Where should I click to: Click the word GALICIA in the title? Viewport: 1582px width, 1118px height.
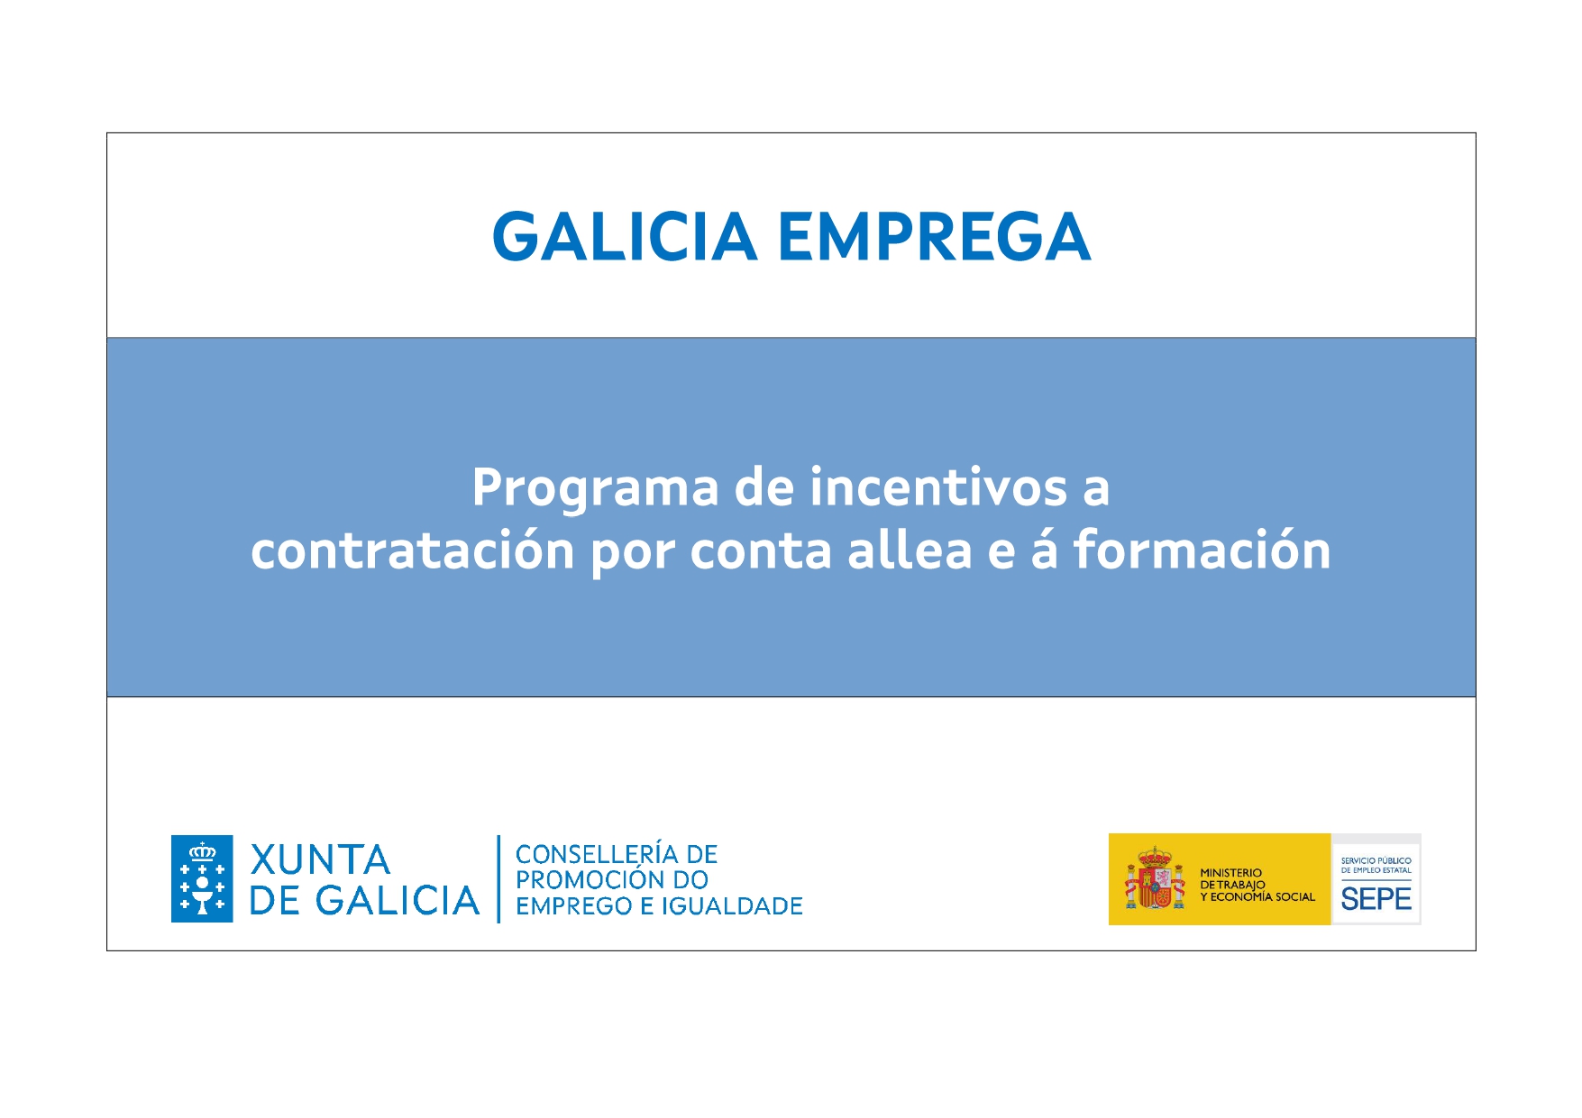coord(625,237)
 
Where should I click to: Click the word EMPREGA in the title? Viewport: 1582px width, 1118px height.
coord(934,237)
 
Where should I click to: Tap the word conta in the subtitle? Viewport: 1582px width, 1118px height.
coord(761,550)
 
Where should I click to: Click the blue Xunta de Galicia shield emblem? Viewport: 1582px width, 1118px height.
coord(202,878)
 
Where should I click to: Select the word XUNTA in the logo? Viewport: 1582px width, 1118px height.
coord(320,859)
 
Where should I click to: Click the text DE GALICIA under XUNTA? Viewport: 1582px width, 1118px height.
coord(364,900)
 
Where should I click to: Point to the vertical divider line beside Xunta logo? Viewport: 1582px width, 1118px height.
coord(498,878)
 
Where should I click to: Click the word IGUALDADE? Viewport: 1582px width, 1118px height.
coord(732,905)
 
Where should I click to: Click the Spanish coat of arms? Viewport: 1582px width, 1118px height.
coord(1155,878)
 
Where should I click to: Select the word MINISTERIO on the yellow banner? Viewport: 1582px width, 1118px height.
coord(1230,872)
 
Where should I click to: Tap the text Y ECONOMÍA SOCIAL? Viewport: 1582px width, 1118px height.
coord(1257,896)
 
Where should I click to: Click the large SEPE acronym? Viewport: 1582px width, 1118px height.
coord(1376,898)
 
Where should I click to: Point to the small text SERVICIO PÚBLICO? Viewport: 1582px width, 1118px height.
coord(1376,860)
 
